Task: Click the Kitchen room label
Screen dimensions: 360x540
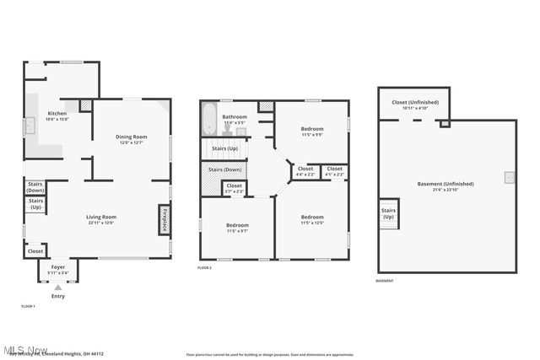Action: tap(57, 113)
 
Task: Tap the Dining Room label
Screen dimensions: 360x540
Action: tap(132, 137)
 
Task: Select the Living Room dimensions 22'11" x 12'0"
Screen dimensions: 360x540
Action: tap(100, 223)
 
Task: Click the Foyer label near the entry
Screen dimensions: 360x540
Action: tap(58, 266)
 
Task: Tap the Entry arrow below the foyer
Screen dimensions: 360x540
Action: tap(58, 287)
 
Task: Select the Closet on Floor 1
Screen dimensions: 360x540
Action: tap(35, 250)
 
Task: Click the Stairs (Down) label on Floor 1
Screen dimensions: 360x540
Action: tap(35, 186)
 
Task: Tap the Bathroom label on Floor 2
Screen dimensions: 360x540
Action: tap(234, 116)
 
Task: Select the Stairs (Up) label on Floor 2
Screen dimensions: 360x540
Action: tap(224, 148)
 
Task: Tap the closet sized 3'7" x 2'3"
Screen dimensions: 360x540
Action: tap(234, 188)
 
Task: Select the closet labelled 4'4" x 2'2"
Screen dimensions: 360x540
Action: tap(305, 171)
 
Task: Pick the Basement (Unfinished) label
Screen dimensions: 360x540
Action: tap(445, 183)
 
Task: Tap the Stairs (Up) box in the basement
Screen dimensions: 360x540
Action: tap(389, 213)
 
